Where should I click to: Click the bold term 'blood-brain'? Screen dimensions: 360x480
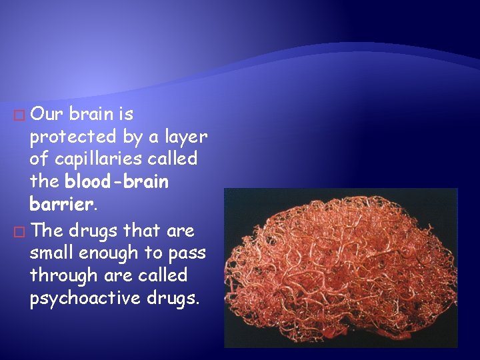pyautogui.click(x=117, y=181)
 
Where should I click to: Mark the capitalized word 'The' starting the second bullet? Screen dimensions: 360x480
pyautogui.click(x=46, y=230)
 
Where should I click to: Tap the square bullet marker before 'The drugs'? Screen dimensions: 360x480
pyautogui.click(x=20, y=231)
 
